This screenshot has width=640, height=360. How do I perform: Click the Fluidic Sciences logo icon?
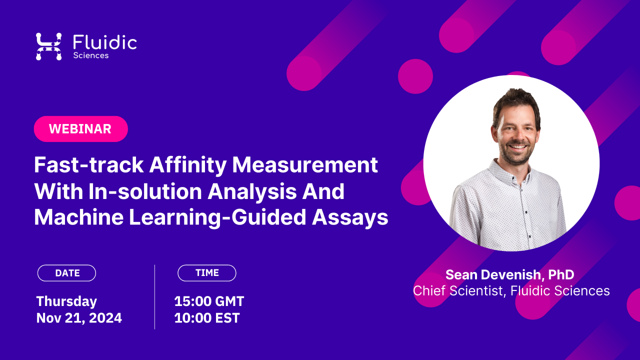click(x=48, y=46)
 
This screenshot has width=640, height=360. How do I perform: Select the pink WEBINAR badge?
click(x=80, y=129)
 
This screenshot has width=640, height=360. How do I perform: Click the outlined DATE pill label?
click(x=67, y=273)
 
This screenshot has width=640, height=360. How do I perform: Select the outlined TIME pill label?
click(x=207, y=273)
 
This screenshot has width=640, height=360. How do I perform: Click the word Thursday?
click(x=66, y=301)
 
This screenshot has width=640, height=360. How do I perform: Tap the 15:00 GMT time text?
click(x=209, y=301)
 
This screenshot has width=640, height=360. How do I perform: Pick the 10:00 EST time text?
click(x=206, y=318)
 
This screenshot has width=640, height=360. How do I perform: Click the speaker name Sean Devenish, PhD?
click(x=509, y=274)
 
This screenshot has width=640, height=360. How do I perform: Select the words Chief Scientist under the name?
click(x=456, y=291)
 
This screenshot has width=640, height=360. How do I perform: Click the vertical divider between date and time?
click(x=154, y=296)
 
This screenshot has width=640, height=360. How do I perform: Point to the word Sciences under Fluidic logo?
click(x=90, y=55)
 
